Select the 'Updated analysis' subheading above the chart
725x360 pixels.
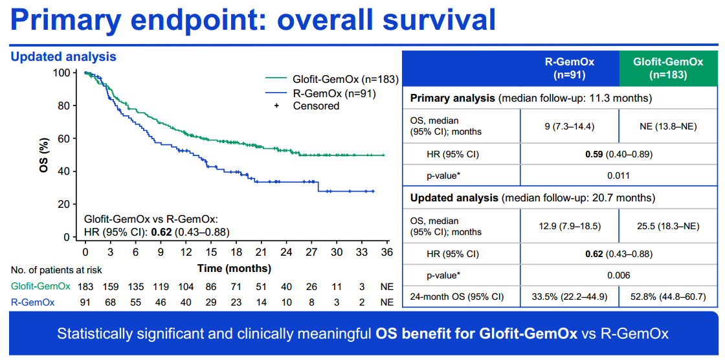point(63,57)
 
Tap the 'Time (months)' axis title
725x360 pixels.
point(234,268)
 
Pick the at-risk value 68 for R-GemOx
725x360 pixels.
point(110,302)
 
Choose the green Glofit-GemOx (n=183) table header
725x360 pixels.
point(668,68)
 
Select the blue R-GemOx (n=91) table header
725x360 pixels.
point(568,68)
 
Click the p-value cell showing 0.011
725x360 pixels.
point(618,175)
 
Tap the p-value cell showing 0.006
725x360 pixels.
point(618,275)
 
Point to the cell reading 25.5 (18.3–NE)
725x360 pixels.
point(668,227)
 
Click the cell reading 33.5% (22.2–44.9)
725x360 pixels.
point(568,297)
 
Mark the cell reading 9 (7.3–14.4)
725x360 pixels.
point(568,126)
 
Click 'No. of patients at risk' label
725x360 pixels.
point(56,269)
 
